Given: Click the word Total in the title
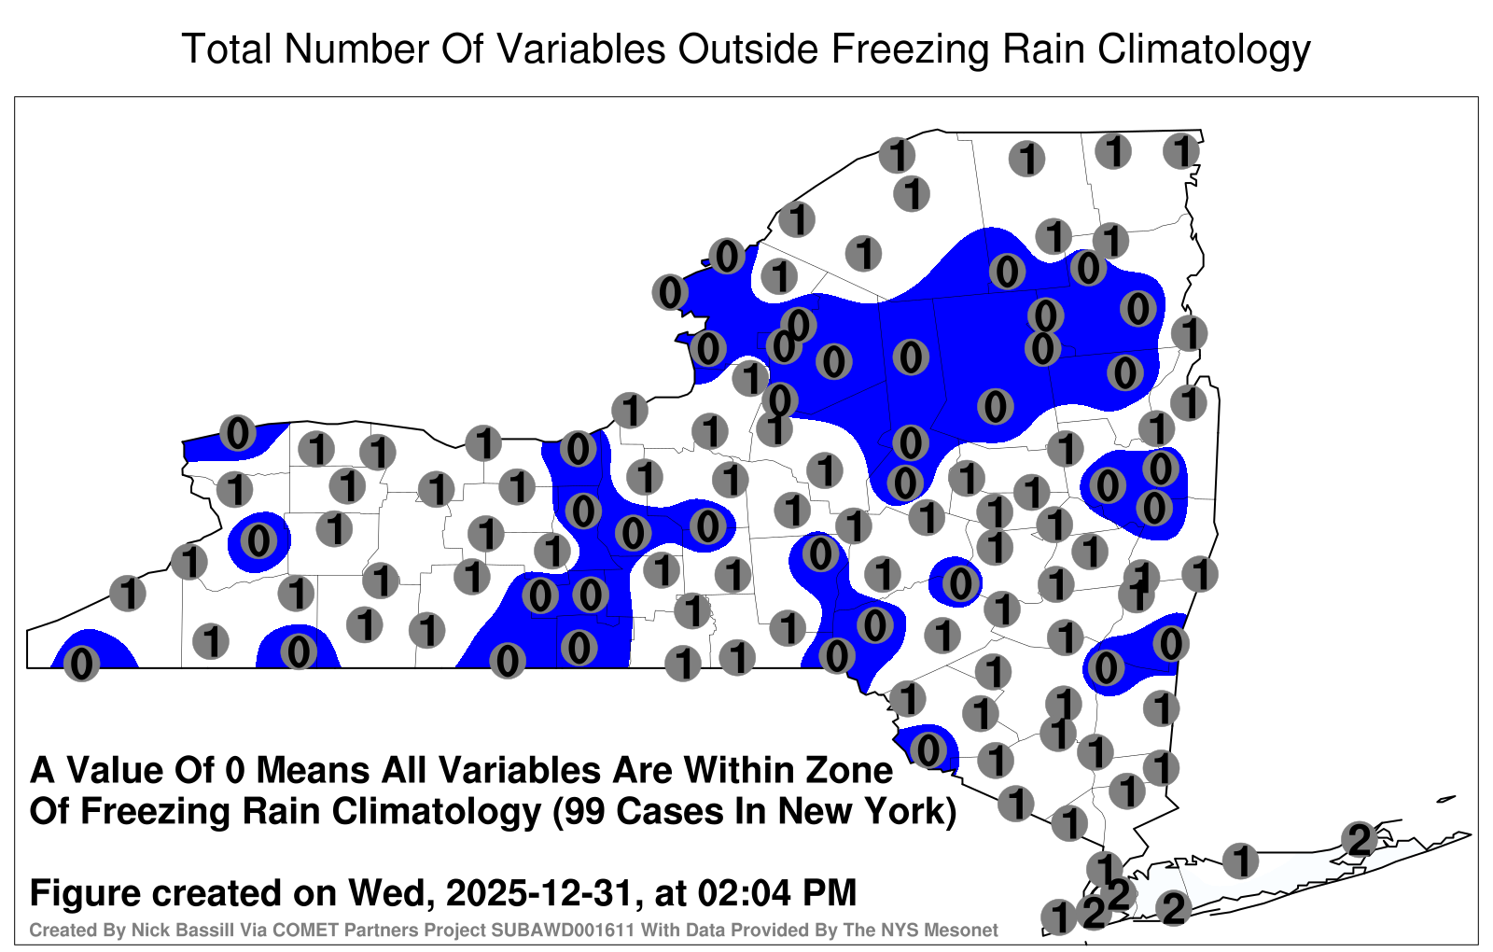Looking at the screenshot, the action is (228, 49).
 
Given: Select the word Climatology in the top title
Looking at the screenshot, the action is (1204, 50).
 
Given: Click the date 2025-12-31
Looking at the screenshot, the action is (538, 892).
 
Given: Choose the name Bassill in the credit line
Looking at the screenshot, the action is (192, 930).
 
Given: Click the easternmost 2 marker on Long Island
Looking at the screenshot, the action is (1359, 839).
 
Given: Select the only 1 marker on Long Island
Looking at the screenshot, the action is (1240, 860).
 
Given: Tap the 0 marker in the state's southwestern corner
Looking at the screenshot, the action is (81, 664).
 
